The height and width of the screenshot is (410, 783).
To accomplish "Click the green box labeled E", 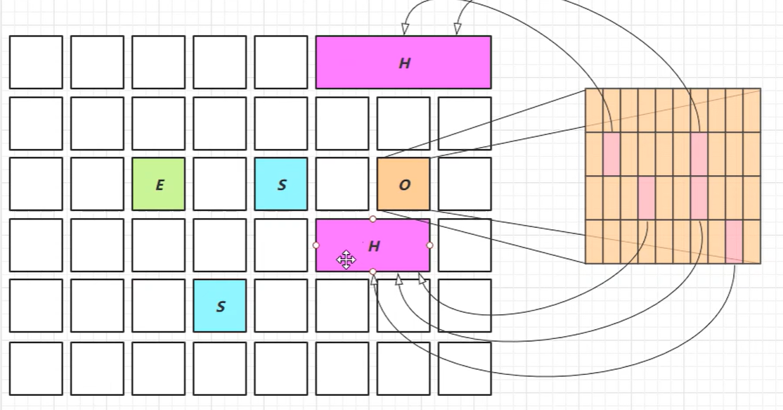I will pyautogui.click(x=158, y=184).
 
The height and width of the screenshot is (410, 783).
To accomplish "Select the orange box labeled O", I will pyautogui.click(x=403, y=184).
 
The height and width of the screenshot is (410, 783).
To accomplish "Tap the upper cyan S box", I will pyautogui.click(x=280, y=184).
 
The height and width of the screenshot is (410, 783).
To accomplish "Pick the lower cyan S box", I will pyautogui.click(x=219, y=306).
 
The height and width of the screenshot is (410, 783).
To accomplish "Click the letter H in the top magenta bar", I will pyautogui.click(x=404, y=63).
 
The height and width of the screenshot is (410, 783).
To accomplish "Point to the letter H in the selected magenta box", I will pyautogui.click(x=374, y=246).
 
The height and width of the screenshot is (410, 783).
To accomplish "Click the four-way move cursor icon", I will pyautogui.click(x=346, y=260).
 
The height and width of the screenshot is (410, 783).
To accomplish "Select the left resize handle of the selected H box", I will pyautogui.click(x=316, y=245).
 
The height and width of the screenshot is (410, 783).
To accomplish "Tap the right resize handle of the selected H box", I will pyautogui.click(x=430, y=245).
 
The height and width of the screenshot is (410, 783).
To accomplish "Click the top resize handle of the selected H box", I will pyautogui.click(x=373, y=219).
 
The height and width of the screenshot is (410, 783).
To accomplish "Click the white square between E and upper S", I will pyautogui.click(x=219, y=184).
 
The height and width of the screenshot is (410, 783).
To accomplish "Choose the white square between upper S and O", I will pyautogui.click(x=342, y=184).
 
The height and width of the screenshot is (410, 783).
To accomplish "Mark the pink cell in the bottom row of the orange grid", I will pyautogui.click(x=734, y=241).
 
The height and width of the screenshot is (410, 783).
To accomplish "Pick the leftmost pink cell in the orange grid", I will pyautogui.click(x=611, y=153).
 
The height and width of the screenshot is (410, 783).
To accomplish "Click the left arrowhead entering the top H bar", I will pyautogui.click(x=405, y=29).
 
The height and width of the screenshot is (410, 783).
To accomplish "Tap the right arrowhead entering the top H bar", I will pyautogui.click(x=457, y=29).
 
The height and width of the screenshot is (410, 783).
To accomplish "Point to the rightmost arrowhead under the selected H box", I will pyautogui.click(x=422, y=278).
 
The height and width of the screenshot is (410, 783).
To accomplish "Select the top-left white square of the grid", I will pyautogui.click(x=36, y=63).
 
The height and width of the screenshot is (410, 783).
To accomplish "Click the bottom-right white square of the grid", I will pyautogui.click(x=464, y=368).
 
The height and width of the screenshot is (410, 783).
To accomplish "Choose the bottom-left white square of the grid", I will pyautogui.click(x=36, y=368).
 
